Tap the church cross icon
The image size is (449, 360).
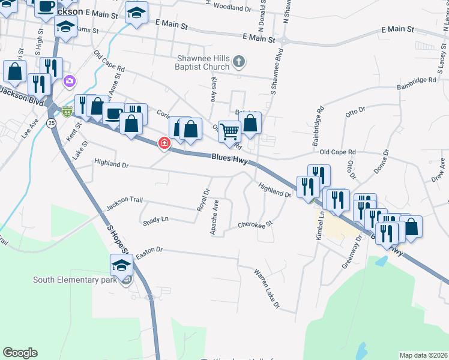click(239, 61)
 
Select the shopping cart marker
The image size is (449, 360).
click(229, 131)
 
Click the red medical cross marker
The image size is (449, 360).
click(163, 143)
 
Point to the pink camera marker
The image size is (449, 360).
click(70, 80)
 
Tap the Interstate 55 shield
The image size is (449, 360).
click(67, 112)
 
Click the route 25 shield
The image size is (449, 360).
click(52, 122)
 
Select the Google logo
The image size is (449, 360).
click(20, 353)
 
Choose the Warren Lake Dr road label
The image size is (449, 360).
click(267, 289)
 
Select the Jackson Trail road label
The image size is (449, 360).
click(124, 203)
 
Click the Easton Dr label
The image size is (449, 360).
click(149, 250)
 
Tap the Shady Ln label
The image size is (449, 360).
click(156, 220)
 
